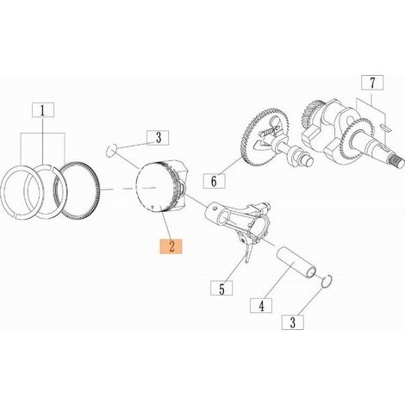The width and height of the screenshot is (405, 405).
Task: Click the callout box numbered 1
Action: pos(42,110)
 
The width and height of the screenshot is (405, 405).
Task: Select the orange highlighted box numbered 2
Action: pos(171,246)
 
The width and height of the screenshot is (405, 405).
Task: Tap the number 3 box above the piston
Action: pos(158,138)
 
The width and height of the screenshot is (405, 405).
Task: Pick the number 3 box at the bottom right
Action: pos(293,322)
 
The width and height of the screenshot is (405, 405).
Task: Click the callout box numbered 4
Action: pos(261,306)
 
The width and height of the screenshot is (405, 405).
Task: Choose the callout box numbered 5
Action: pos(221,288)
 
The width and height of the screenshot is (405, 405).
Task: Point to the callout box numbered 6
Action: pos(214,181)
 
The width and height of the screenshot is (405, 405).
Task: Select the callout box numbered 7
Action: pos(372,83)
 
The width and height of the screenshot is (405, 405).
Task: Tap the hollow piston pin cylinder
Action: pos(296,262)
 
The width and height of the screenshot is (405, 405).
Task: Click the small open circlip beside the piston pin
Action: pos(327,281)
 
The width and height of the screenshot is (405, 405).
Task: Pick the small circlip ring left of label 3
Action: pos(111,151)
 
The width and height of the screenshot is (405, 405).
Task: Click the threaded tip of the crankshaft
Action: pos(397,164)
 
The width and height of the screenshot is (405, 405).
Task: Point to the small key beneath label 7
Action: pos(385,127)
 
